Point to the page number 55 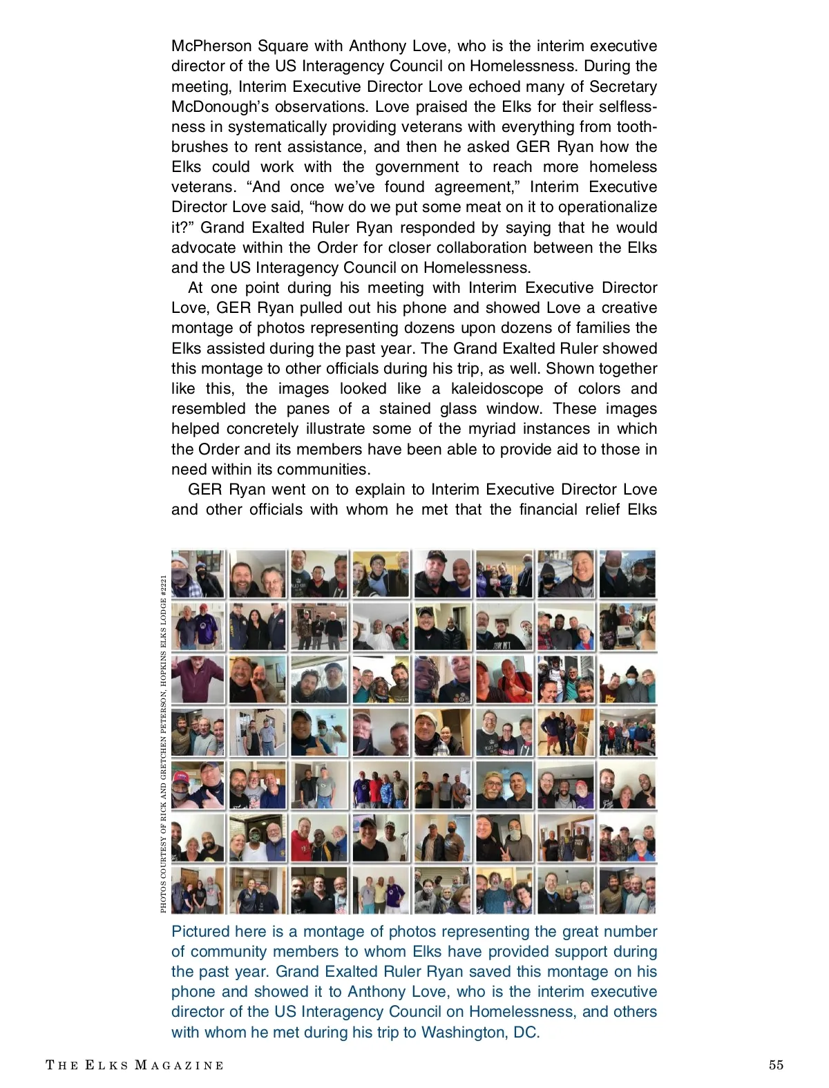776,1065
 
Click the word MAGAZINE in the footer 179,1065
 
